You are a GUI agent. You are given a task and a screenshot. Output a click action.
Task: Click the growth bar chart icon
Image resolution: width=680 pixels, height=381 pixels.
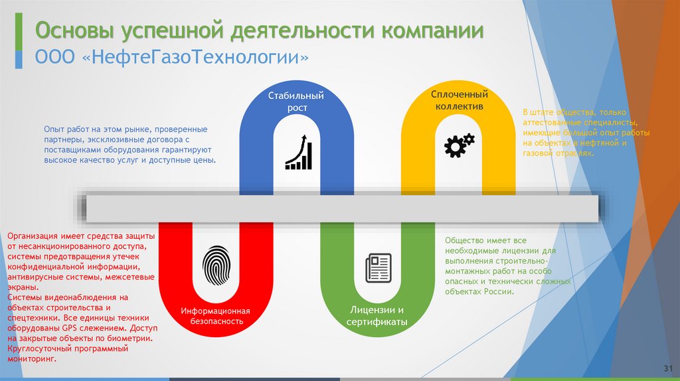pos(298,152)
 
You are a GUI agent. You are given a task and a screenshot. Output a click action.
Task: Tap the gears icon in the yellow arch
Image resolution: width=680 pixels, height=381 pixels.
pos(459,145)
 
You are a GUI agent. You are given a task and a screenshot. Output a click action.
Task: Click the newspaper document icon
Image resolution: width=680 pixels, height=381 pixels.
pos(378,268)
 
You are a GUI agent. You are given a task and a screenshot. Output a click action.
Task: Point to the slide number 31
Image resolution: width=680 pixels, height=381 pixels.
pos(668,368)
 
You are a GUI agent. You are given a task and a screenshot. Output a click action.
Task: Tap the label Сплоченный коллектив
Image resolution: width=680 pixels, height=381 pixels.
pos(459,100)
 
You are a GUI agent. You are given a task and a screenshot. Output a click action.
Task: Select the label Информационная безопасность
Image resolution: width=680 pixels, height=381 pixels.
pos(215,316)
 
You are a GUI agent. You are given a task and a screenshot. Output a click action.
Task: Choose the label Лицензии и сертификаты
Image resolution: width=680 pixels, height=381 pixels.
pos(377,316)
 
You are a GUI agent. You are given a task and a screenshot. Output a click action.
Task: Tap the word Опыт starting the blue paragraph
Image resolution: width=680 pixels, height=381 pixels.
pos(55,129)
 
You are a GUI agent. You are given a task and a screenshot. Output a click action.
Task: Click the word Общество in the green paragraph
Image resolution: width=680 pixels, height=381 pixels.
pos(464,241)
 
